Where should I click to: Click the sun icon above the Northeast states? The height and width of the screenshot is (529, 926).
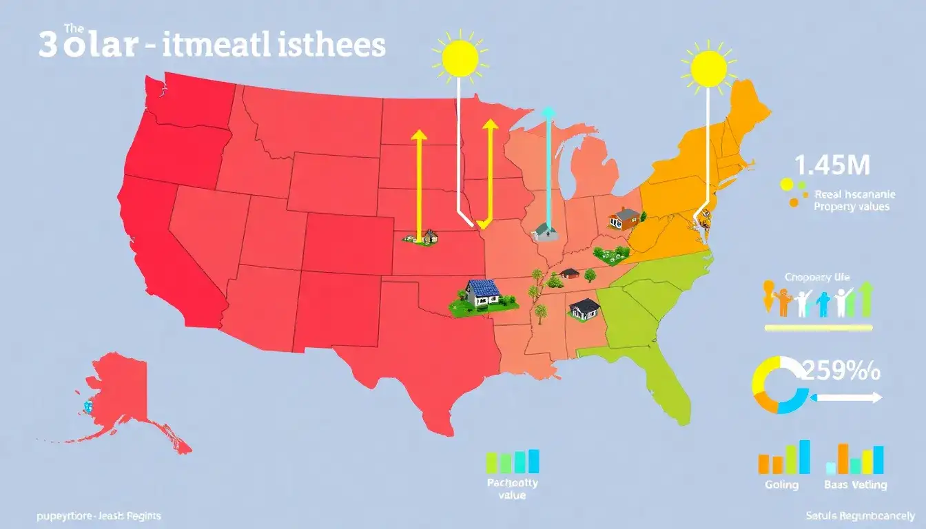click(x=708, y=68)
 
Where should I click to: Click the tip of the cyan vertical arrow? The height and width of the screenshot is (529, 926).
click(x=548, y=112)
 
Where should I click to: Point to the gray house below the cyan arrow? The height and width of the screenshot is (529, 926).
click(x=545, y=231)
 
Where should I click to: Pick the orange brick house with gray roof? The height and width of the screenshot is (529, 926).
click(x=624, y=218)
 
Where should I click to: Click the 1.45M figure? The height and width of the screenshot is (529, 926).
click(x=832, y=165)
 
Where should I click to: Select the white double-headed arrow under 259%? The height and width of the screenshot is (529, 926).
click(x=847, y=397)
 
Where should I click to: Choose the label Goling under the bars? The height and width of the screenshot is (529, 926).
click(x=781, y=485)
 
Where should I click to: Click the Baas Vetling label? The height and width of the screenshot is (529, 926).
click(x=855, y=485)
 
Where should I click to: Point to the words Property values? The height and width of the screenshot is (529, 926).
click(x=852, y=206)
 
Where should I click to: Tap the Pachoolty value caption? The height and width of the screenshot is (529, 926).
click(x=512, y=488)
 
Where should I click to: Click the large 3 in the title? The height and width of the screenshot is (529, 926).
click(x=48, y=47)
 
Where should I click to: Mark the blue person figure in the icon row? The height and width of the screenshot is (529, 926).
click(x=822, y=304)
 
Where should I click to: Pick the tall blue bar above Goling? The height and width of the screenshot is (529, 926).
click(x=804, y=457)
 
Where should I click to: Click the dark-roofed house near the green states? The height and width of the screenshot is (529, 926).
click(x=584, y=308)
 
